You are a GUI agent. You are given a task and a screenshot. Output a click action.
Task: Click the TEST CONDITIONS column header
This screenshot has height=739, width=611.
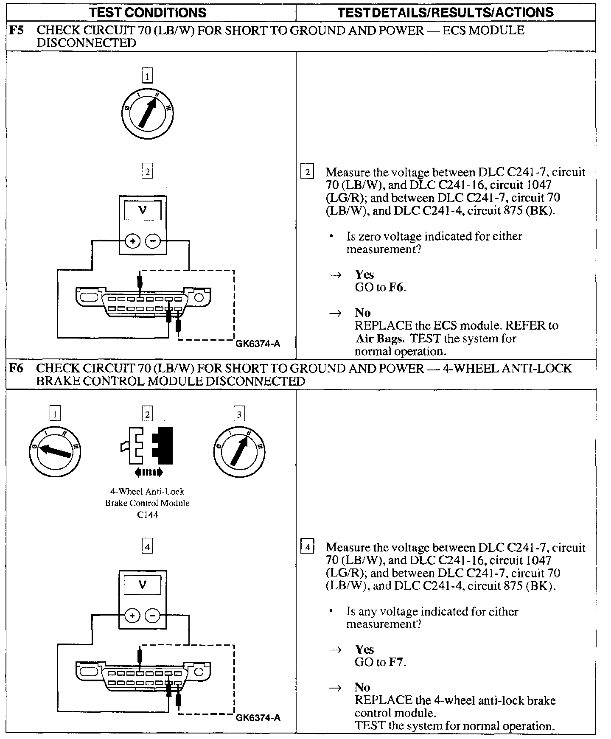coord(148,12)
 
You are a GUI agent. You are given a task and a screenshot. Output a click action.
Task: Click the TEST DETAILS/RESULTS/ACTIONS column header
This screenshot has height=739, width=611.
coord(445,12)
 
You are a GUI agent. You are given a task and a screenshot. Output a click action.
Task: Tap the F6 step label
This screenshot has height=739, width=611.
coord(16,368)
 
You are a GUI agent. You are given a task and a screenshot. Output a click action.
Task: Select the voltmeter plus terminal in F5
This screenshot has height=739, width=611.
coord(133,241)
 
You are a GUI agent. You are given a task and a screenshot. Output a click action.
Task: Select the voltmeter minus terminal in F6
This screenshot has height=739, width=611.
coord(153,616)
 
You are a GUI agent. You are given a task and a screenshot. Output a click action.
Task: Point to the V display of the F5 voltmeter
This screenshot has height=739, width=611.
coord(143,211)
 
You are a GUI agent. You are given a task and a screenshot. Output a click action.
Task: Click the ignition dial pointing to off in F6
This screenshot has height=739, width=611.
coord(54,451)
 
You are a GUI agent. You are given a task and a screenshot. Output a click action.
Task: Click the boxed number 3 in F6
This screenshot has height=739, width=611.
coord(239,414)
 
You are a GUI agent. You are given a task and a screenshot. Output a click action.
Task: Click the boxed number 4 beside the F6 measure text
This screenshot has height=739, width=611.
coord(307,547)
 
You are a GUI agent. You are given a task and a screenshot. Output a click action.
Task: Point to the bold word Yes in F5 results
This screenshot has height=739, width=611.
coord(364,274)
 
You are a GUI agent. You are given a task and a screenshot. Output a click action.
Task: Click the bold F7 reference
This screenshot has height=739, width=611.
coord(397,662)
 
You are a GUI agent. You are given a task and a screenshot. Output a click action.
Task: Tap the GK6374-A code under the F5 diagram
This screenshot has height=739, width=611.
coord(258,344)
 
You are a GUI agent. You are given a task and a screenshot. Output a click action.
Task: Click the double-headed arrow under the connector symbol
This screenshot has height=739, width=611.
coord(148,472)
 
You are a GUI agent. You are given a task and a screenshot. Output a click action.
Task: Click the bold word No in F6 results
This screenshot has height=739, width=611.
coord(362,687)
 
